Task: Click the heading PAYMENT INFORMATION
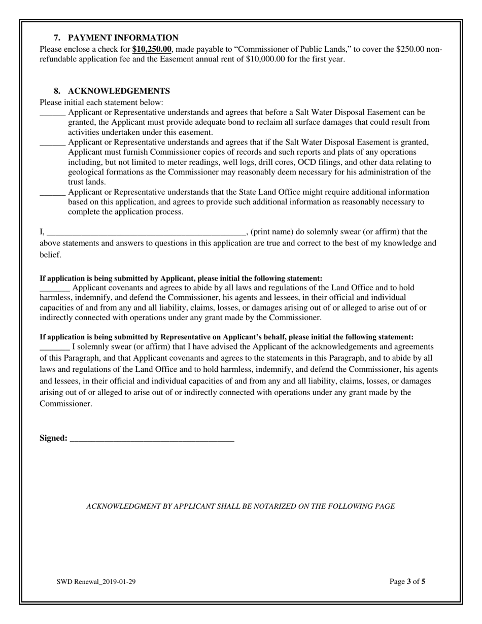123,38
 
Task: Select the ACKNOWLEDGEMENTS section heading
119,91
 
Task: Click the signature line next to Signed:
152,439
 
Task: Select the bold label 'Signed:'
53,438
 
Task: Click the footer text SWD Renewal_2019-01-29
96,582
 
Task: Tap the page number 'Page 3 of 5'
407,582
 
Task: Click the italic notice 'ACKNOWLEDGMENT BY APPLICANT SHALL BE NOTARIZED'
240,506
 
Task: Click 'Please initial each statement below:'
101,102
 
